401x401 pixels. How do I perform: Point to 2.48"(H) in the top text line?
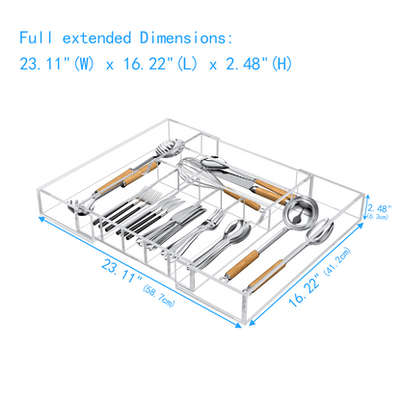(258, 65)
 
